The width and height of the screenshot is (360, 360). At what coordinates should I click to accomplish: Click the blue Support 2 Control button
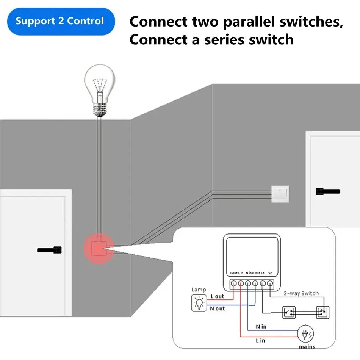[x=61, y=21]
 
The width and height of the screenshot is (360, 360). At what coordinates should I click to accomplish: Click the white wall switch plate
[x=280, y=194]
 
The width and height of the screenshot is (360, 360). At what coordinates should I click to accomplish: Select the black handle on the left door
[x=49, y=250]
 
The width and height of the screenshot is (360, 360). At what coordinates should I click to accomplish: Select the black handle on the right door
[x=327, y=192]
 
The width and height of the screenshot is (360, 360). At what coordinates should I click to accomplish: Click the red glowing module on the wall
[x=99, y=249]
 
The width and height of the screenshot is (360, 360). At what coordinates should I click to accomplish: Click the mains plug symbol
[x=305, y=334]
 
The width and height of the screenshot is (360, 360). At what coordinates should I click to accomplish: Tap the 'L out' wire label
[x=217, y=296]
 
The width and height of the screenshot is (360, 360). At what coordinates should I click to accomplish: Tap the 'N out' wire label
[x=218, y=308]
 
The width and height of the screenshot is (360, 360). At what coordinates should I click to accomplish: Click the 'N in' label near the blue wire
[x=261, y=326]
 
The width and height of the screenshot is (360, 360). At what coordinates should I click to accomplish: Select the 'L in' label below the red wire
[x=260, y=340]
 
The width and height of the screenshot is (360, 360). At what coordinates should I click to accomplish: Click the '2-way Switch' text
[x=301, y=293]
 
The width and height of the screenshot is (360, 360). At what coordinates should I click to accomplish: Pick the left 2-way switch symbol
[x=289, y=313]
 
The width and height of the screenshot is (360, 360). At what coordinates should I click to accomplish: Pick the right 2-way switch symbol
[x=323, y=313]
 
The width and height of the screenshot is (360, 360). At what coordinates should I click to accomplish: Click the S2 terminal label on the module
[x=270, y=273]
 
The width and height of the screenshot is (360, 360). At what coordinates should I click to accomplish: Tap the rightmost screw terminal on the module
[x=270, y=283]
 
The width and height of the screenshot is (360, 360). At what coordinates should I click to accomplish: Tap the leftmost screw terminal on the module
[x=234, y=283]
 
